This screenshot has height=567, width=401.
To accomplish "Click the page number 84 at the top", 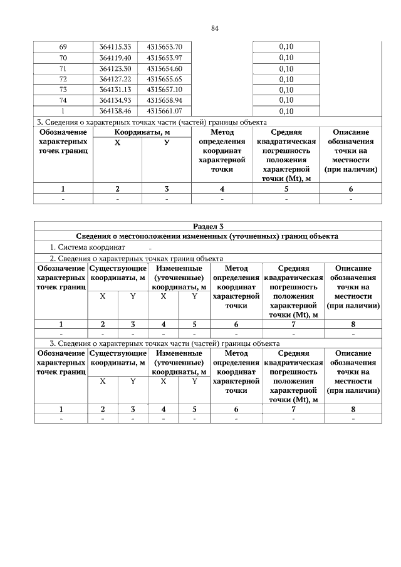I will [214, 29].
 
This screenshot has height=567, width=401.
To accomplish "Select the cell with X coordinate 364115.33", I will [115, 48].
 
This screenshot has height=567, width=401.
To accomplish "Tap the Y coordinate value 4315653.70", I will [164, 48].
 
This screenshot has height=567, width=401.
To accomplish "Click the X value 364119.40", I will [115, 58].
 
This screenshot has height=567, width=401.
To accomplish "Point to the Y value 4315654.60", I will [164, 69].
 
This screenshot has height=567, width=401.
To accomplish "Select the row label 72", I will [63, 80].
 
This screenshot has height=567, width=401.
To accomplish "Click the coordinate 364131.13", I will [115, 90].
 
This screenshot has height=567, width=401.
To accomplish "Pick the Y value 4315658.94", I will [164, 101].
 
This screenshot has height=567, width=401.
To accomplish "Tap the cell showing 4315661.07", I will [164, 112].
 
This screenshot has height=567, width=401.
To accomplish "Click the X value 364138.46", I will [115, 112].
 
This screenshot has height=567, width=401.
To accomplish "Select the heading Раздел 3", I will [207, 226].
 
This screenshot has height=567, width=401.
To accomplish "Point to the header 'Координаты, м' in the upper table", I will [142, 133].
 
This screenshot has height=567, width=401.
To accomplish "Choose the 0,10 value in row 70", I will [286, 58].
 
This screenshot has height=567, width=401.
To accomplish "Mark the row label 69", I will [63, 48].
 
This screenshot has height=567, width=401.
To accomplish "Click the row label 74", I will [63, 101].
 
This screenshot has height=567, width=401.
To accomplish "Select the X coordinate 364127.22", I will [115, 80].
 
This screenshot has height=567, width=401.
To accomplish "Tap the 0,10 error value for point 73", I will [286, 90].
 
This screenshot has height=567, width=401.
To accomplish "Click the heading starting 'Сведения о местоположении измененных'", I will [207, 237].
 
